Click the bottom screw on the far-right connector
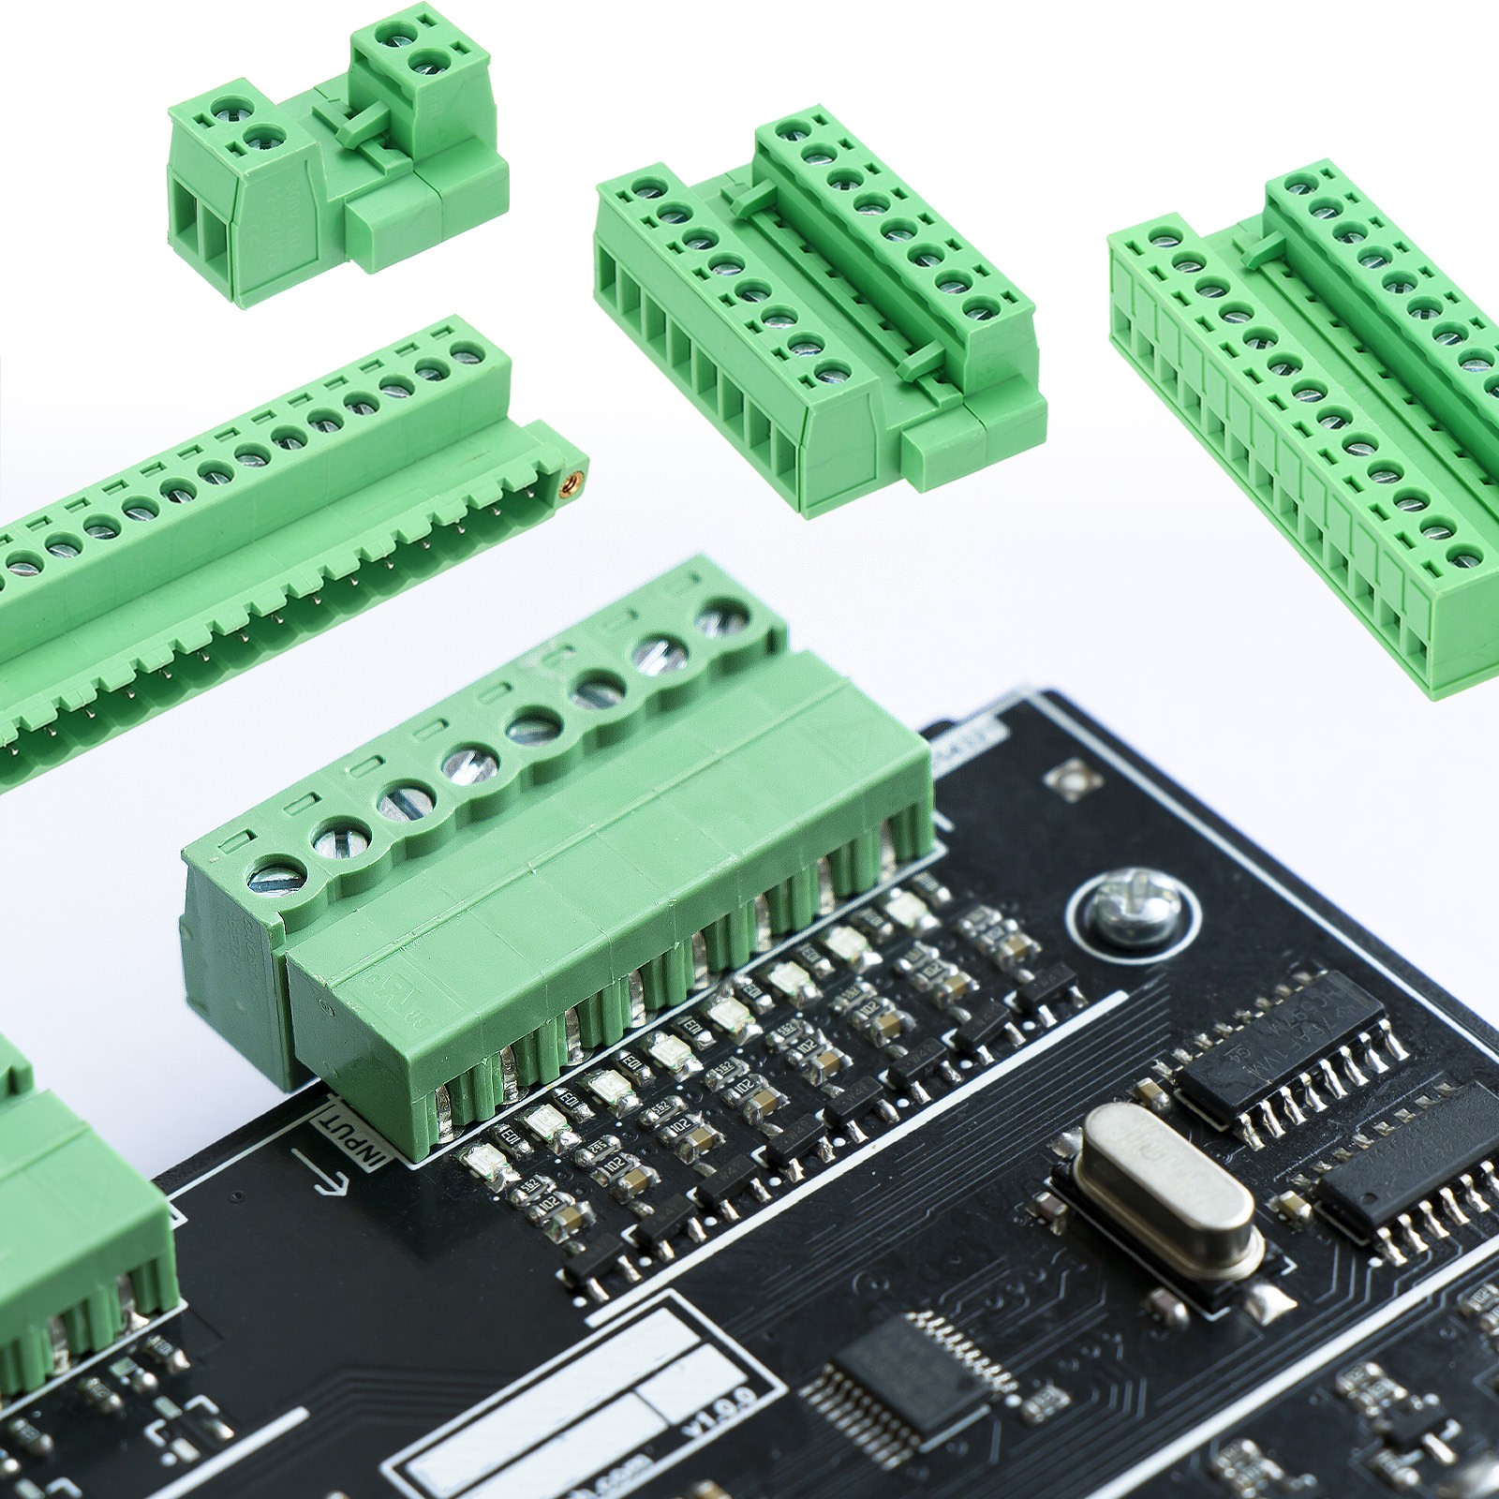tap(1464, 558)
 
